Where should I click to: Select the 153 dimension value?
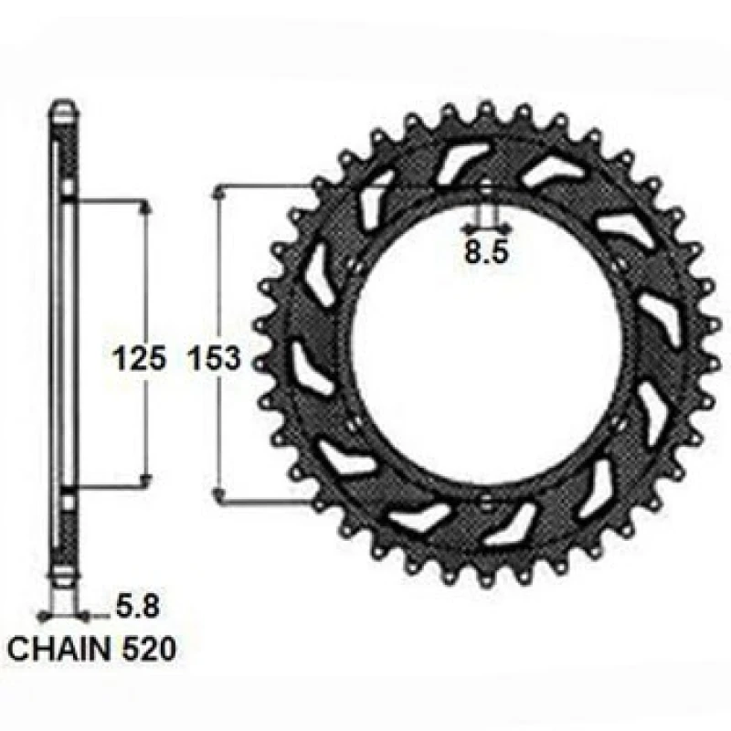[x=214, y=359]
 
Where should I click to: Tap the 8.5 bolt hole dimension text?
[x=485, y=253]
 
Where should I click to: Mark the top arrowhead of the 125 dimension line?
[x=143, y=207]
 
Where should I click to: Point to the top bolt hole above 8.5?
[x=485, y=190]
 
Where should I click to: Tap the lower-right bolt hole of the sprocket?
[x=619, y=422]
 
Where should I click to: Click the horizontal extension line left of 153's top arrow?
[x=265, y=187]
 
